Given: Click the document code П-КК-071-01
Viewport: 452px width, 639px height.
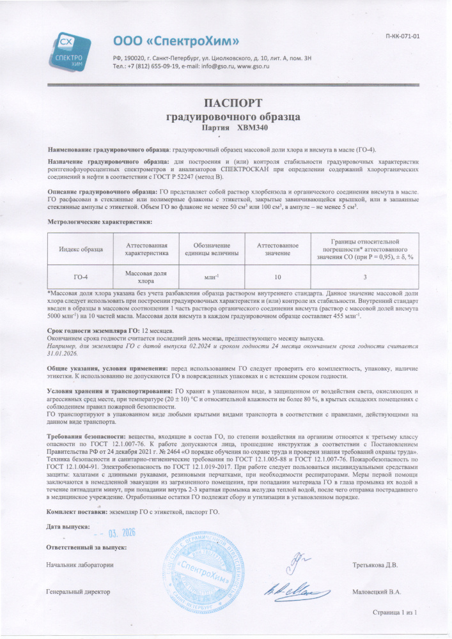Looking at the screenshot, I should pyautogui.click(x=403, y=36).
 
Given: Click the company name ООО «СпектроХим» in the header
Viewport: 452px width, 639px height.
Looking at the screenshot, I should pyautogui.click(x=176, y=42).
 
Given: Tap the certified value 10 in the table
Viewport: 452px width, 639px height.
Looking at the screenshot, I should pyautogui.click(x=277, y=277).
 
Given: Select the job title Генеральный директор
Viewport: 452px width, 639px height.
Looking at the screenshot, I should pyautogui.click(x=79, y=592).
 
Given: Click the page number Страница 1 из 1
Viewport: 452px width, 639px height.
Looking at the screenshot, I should pyautogui.click(x=395, y=613).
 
